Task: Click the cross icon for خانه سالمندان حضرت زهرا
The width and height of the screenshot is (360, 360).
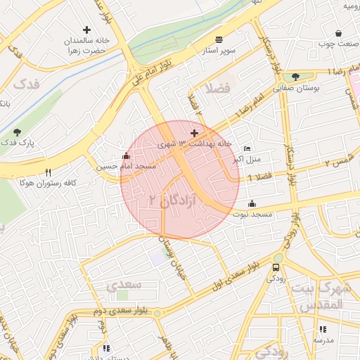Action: [x=86, y=30]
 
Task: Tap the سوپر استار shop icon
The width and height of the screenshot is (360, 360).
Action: [x=220, y=39]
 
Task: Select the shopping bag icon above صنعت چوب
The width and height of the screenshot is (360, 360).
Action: [x=339, y=34]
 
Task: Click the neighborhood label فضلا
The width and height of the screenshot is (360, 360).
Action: [x=216, y=89]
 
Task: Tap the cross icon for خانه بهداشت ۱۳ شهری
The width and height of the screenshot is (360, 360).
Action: [x=195, y=133]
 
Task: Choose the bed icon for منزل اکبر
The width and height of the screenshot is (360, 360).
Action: [x=246, y=148]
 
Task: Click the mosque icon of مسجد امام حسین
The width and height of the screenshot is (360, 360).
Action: [x=126, y=155]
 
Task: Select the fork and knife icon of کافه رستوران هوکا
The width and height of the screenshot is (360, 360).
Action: [x=48, y=172]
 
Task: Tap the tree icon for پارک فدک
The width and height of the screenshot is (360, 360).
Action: [x=17, y=131]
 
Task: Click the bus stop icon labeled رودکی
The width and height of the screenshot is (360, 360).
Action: [x=276, y=267]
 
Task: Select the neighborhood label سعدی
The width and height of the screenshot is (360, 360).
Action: [x=124, y=285]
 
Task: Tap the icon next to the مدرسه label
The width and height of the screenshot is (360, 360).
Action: [x=322, y=328]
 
